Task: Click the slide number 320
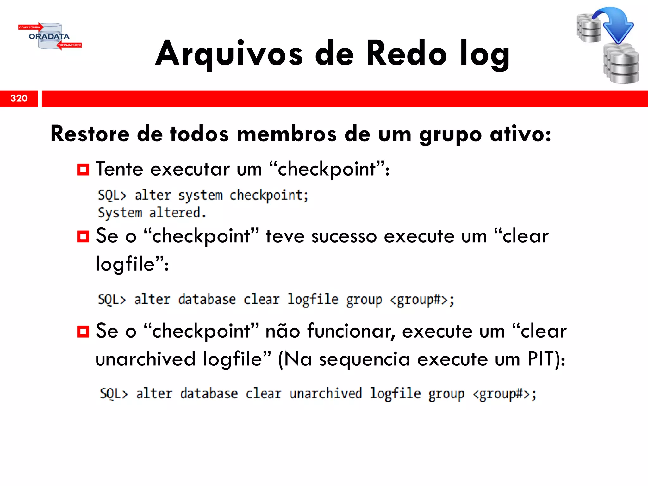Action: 19,98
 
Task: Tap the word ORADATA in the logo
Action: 49,36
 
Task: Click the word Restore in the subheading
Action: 90,134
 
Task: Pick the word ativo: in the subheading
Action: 520,134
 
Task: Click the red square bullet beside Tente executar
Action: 83,170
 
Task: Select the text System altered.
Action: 152,213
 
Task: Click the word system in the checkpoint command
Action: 200,195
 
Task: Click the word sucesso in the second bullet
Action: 344,236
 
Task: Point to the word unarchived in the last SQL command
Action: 326,394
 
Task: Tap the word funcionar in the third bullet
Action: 352,331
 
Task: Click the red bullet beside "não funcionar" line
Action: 83,332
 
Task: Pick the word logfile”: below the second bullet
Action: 132,264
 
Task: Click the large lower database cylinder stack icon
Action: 621,64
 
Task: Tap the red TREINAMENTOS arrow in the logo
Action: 70,45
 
